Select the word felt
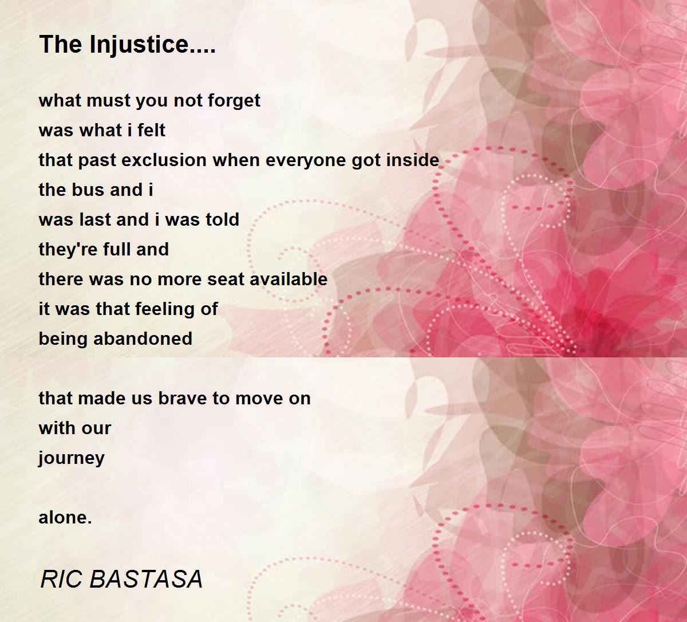(x=151, y=131)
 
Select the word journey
(x=72, y=459)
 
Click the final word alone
(x=65, y=518)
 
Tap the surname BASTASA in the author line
(x=146, y=579)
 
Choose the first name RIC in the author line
(x=61, y=579)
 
